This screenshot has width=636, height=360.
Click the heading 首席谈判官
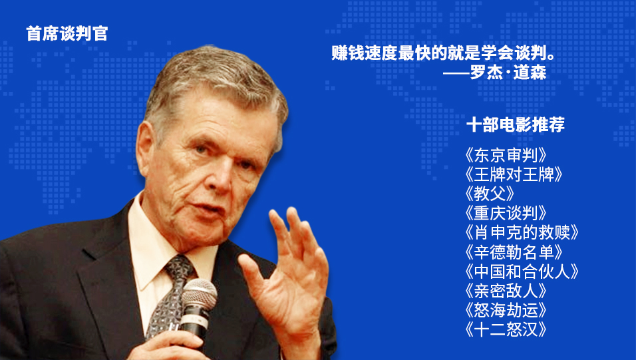click(67, 34)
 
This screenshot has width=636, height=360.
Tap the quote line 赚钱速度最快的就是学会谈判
click(440, 53)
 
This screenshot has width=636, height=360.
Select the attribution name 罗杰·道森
click(508, 73)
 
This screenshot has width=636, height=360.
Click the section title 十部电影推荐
click(516, 124)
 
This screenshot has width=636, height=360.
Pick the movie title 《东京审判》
click(506, 155)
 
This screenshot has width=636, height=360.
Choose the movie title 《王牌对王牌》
click(514, 174)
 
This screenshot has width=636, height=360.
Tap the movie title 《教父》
click(490, 194)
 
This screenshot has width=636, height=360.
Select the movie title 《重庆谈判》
click(506, 214)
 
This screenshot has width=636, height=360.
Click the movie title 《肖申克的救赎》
click(521, 233)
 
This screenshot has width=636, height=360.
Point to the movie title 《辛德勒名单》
click(514, 252)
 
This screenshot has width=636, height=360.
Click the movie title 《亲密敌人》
click(506, 291)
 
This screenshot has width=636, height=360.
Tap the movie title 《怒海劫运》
click(506, 311)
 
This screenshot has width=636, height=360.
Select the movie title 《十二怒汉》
click(506, 329)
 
